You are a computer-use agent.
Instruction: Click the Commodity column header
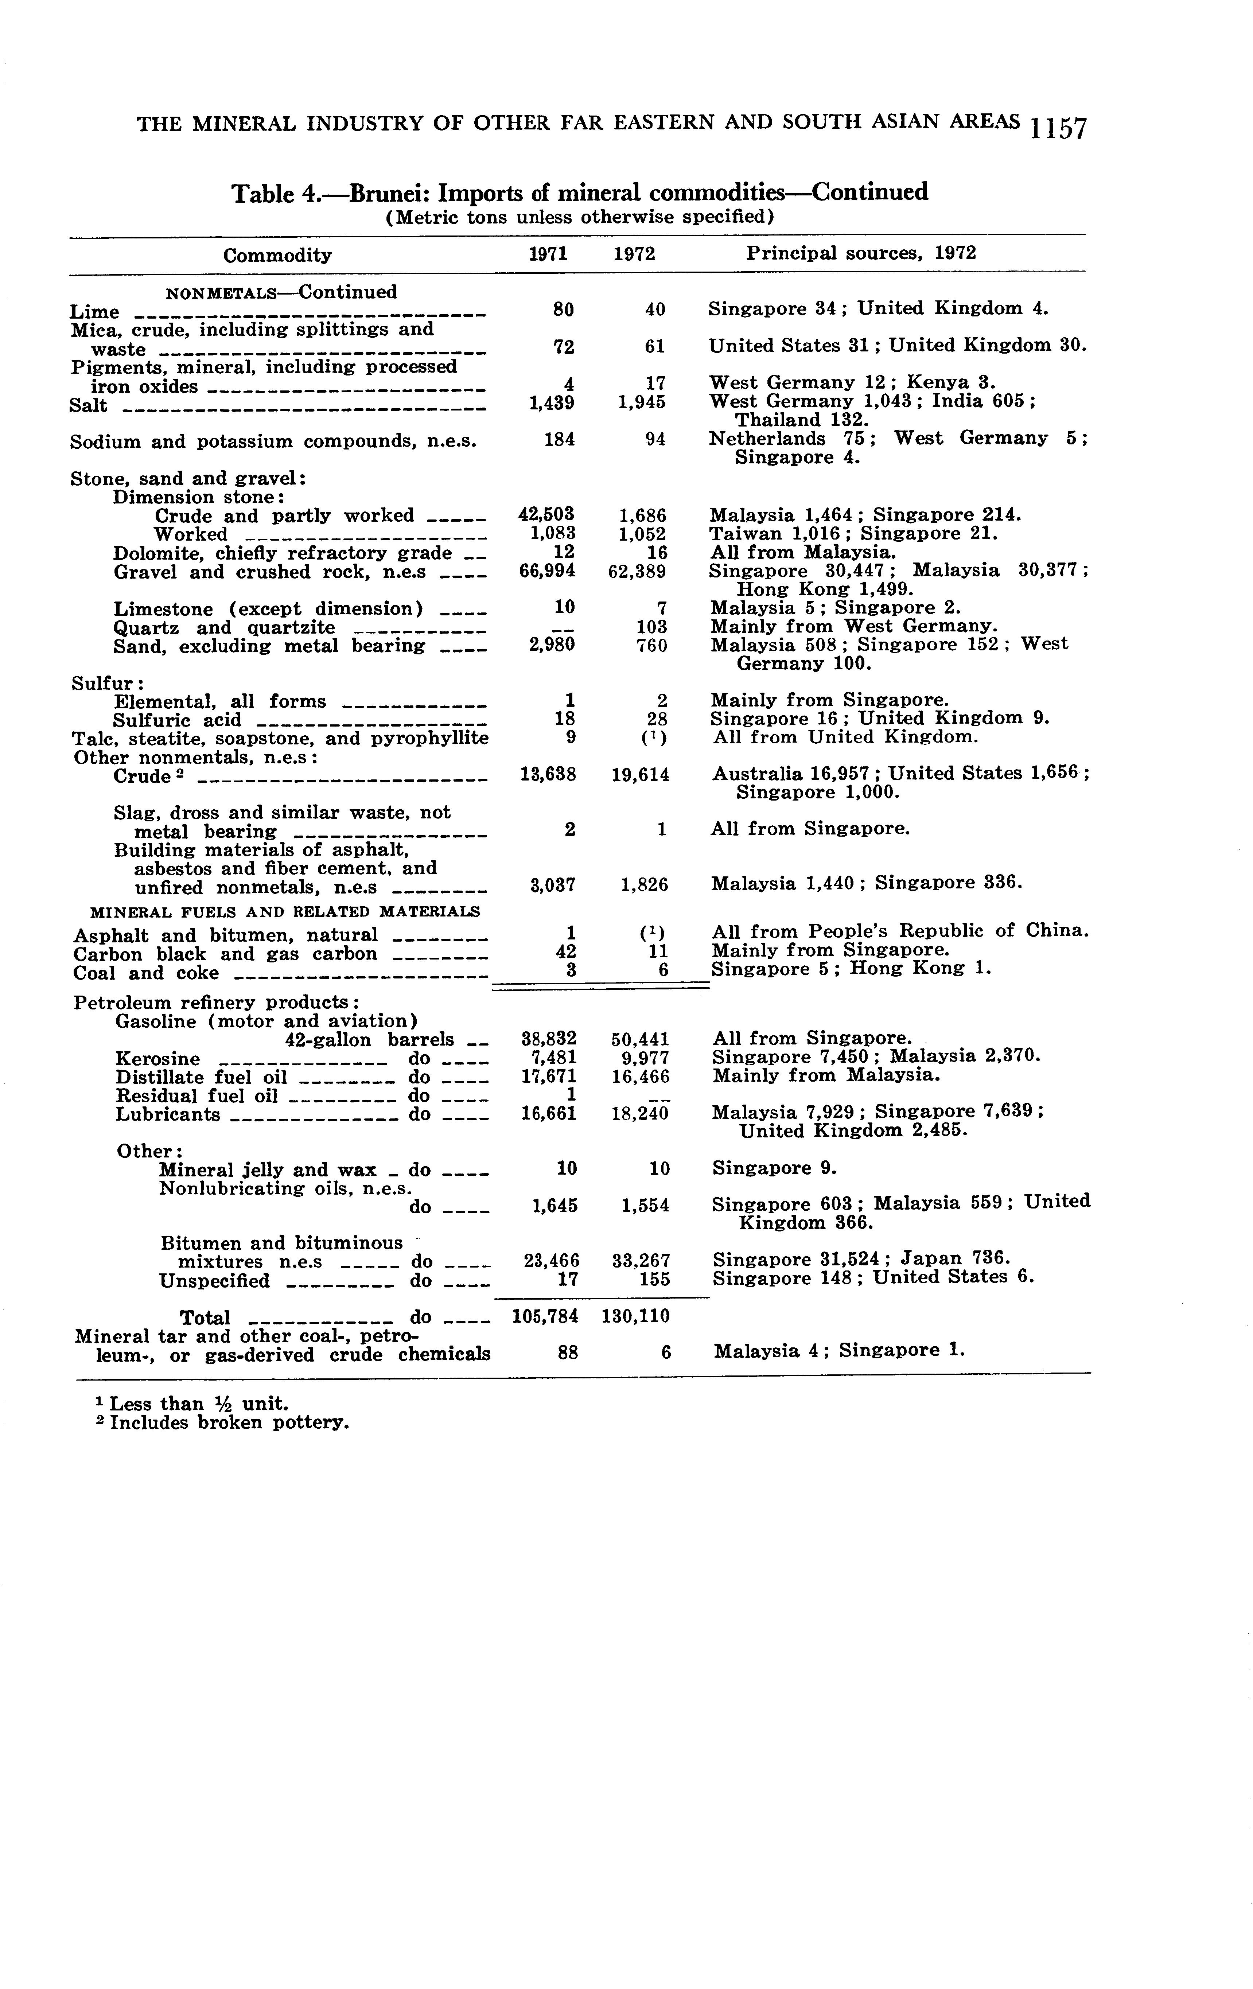point(277,255)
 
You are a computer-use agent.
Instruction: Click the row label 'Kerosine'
point(158,1059)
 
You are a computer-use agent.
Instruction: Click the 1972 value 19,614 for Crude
point(640,775)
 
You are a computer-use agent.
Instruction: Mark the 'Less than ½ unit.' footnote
point(199,1404)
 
